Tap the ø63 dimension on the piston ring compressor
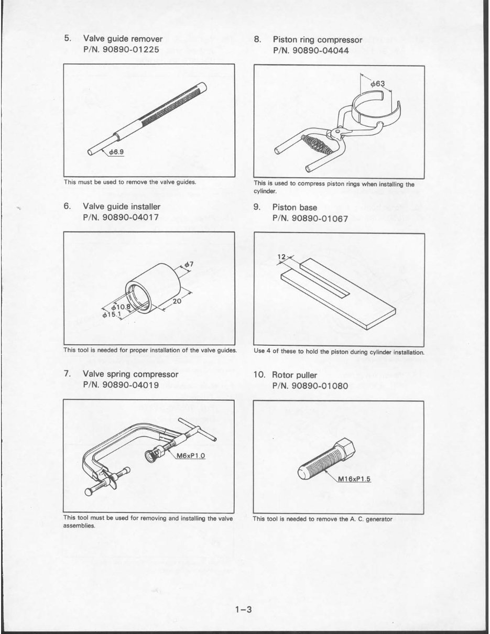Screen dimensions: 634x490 pyautogui.click(x=377, y=83)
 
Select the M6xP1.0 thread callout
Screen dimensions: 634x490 pyautogui.click(x=190, y=456)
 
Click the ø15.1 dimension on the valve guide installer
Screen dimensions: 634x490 pyautogui.click(x=112, y=314)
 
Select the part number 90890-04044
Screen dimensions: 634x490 pyautogui.click(x=320, y=50)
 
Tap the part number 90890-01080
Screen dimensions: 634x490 pyautogui.click(x=320, y=386)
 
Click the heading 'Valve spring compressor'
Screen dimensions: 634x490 pyautogui.click(x=130, y=374)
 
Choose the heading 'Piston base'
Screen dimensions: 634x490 pyautogui.click(x=295, y=207)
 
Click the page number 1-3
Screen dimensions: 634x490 pyautogui.click(x=244, y=609)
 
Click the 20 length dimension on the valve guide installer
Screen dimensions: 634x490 pyautogui.click(x=177, y=301)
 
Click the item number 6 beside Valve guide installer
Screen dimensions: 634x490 pyautogui.click(x=67, y=206)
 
